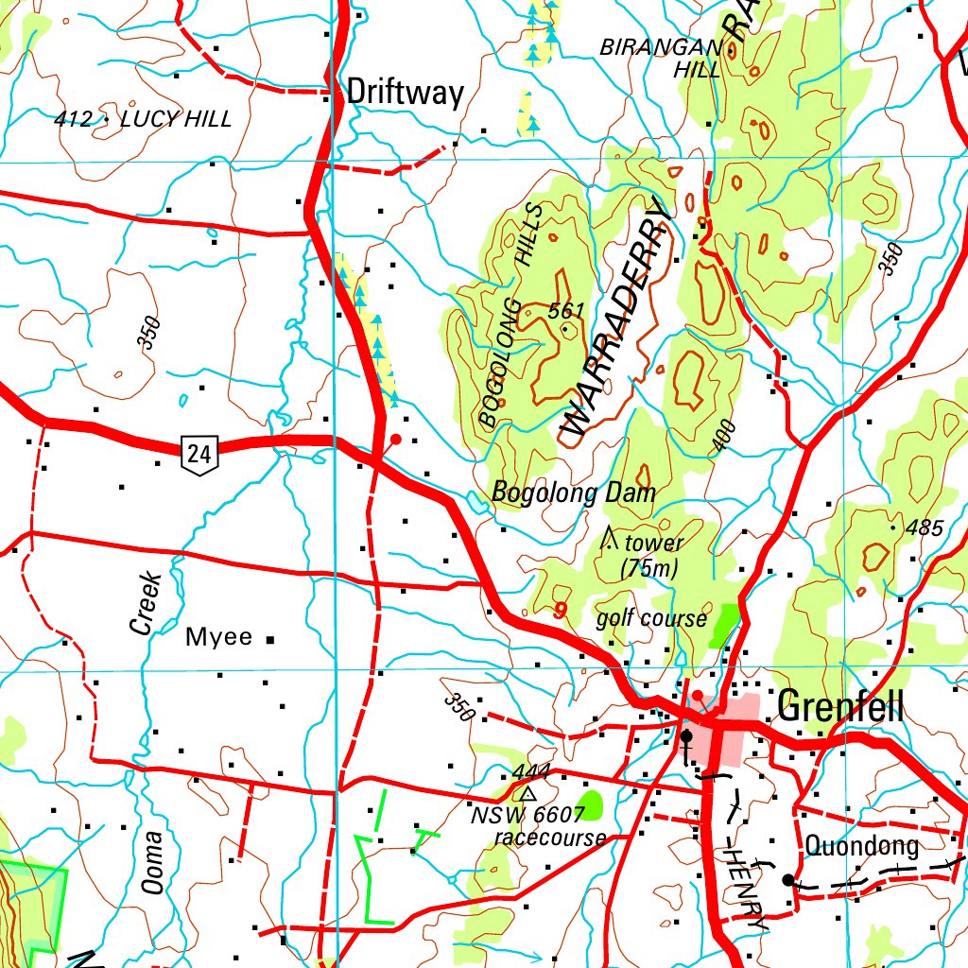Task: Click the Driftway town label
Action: point(406,93)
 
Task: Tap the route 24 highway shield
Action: point(199,456)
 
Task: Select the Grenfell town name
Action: point(839,706)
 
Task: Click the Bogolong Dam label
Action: point(573,493)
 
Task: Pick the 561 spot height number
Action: point(566,311)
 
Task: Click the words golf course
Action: point(651,618)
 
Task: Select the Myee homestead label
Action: point(218,637)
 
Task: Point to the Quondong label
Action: point(860,846)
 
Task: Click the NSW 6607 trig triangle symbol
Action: point(528,794)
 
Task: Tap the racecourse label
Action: point(550,838)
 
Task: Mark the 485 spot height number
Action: point(924,528)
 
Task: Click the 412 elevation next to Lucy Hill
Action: point(74,119)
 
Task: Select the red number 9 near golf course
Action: point(561,612)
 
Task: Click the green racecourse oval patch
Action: point(590,804)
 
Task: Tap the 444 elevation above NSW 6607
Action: point(530,772)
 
